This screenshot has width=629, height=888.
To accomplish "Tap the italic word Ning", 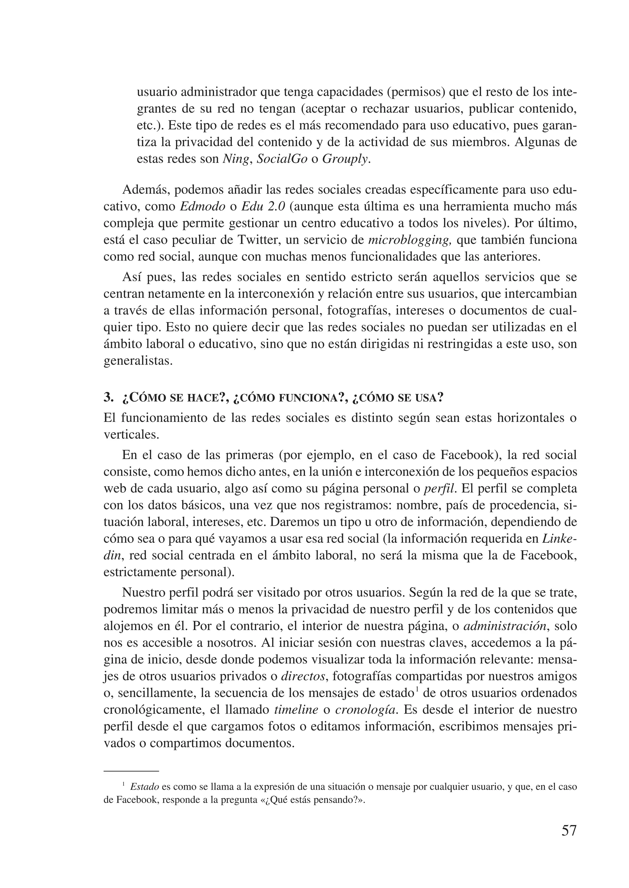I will click(235, 159).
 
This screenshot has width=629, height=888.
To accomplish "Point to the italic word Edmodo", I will click(203, 206).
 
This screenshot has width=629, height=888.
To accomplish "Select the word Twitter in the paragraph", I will click(258, 240).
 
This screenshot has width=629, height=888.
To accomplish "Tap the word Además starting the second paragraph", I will click(144, 190).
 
